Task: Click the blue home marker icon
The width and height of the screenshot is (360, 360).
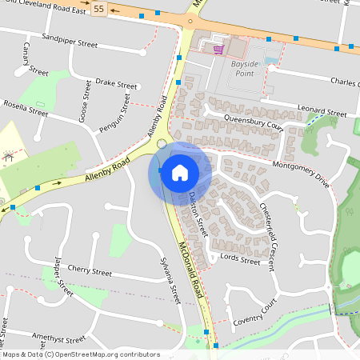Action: coord(180,172)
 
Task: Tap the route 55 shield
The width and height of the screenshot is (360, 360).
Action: coord(98,9)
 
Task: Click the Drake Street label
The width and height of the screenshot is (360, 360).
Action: coord(116,83)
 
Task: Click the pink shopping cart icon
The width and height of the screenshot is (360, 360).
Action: coord(218,50)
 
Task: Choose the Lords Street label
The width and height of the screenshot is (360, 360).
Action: coord(241,261)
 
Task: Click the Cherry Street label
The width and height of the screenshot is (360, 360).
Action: coord(90,272)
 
